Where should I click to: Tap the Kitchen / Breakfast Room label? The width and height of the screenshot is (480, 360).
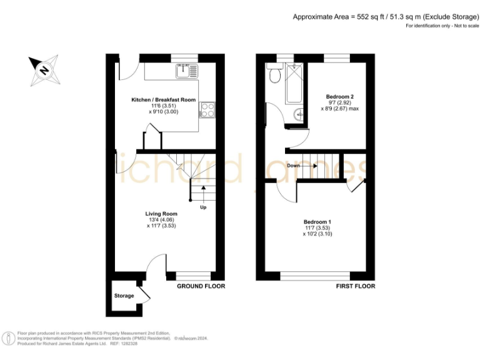coord(162,100)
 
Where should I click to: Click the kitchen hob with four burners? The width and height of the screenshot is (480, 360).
coord(207,111)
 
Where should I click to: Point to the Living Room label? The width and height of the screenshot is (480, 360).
coord(161,214)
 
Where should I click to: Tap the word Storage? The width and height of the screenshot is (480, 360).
coord(123,296)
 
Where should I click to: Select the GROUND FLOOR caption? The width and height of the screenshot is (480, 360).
coord(201,286)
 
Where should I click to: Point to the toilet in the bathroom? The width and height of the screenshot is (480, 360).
coord(274,76)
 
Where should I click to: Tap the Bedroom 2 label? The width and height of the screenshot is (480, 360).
coord(340,97)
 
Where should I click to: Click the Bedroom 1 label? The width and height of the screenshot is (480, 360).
coord(317,222)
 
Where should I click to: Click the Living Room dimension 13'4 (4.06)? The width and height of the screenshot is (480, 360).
coord(161,220)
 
